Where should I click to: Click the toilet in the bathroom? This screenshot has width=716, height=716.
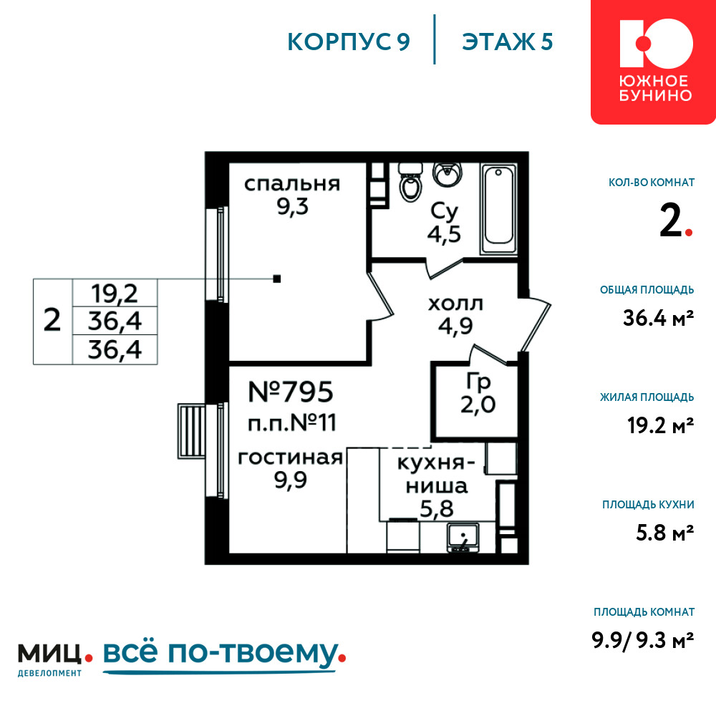(410, 182)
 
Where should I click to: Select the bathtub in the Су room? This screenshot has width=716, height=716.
(498, 208)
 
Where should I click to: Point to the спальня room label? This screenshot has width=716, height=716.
(292, 184)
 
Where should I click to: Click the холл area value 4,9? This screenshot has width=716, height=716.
(455, 326)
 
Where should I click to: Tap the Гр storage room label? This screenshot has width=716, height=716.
(478, 382)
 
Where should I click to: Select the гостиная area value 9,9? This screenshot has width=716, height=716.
(291, 480)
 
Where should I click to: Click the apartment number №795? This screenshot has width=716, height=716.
(291, 392)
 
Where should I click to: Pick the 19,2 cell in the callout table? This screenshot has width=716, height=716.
(115, 293)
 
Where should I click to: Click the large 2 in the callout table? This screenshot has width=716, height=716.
(52, 320)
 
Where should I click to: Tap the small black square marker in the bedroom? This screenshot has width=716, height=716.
(276, 279)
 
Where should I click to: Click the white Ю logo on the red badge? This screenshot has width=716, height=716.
(656, 43)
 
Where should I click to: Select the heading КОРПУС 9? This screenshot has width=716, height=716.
(349, 42)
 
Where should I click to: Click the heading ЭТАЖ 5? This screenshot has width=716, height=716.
(508, 42)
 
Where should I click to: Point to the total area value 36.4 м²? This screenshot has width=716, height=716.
(659, 318)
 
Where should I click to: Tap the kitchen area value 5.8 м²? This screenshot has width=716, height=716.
(665, 533)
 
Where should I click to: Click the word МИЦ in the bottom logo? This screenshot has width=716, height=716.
(49, 654)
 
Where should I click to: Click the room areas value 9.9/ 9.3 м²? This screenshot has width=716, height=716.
(643, 640)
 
